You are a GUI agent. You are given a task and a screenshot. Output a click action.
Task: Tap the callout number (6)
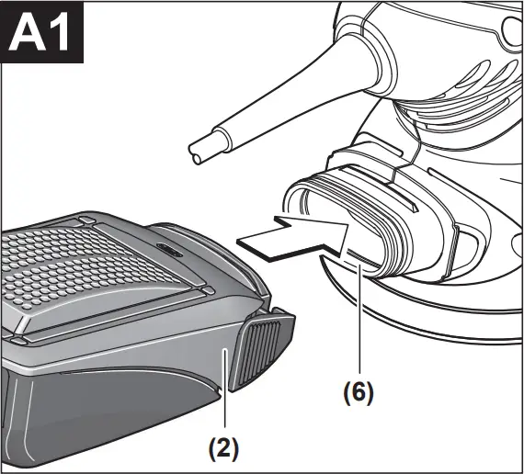[359, 391]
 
